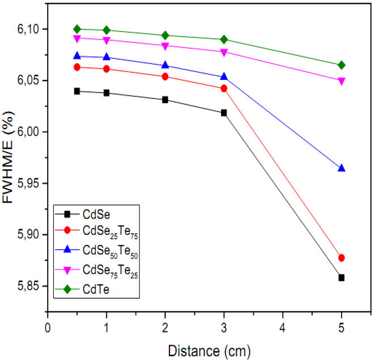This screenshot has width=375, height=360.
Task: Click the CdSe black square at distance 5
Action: click(341, 277)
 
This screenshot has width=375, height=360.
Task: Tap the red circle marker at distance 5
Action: click(341, 258)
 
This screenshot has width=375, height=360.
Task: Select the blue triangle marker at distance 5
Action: click(341, 168)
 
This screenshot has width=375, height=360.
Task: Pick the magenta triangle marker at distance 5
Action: click(341, 81)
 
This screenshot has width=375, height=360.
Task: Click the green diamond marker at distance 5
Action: click(341, 65)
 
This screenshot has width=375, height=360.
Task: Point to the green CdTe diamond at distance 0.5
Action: click(77, 29)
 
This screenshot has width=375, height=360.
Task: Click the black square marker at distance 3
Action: click(224, 113)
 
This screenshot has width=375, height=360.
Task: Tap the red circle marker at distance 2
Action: click(165, 76)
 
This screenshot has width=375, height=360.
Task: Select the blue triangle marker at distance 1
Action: click(106, 57)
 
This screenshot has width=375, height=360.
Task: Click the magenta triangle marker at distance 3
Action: click(224, 52)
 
